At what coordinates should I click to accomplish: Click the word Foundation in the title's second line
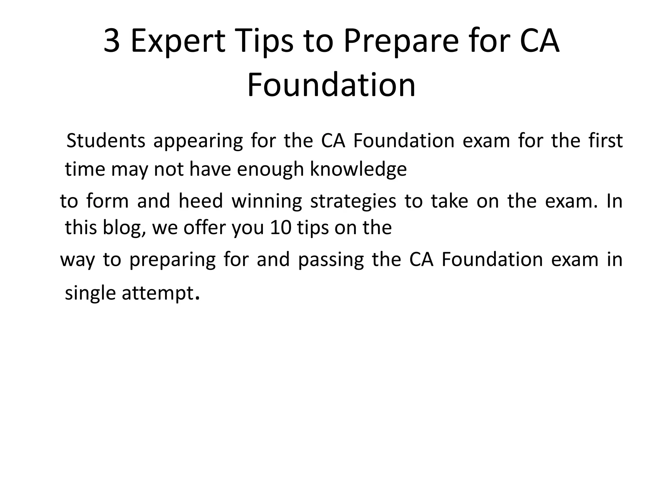coord(331,85)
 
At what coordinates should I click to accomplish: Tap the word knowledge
coord(358,170)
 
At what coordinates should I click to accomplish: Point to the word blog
coord(124,228)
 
